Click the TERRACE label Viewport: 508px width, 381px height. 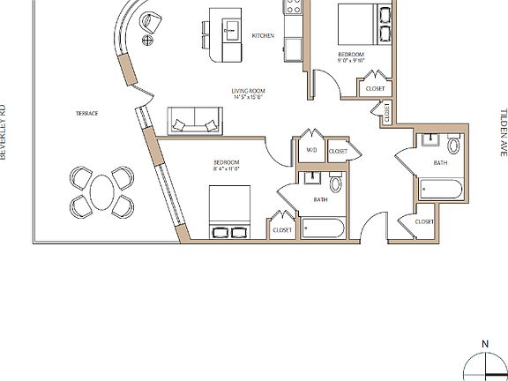[86, 114]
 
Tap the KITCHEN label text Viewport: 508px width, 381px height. [263, 35]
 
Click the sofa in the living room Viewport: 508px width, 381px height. [195, 122]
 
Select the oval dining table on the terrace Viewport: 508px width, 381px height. [101, 192]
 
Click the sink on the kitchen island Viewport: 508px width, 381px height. [231, 32]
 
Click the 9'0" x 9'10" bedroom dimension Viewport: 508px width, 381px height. [350, 61]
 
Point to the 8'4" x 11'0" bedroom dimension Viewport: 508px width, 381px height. [227, 169]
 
